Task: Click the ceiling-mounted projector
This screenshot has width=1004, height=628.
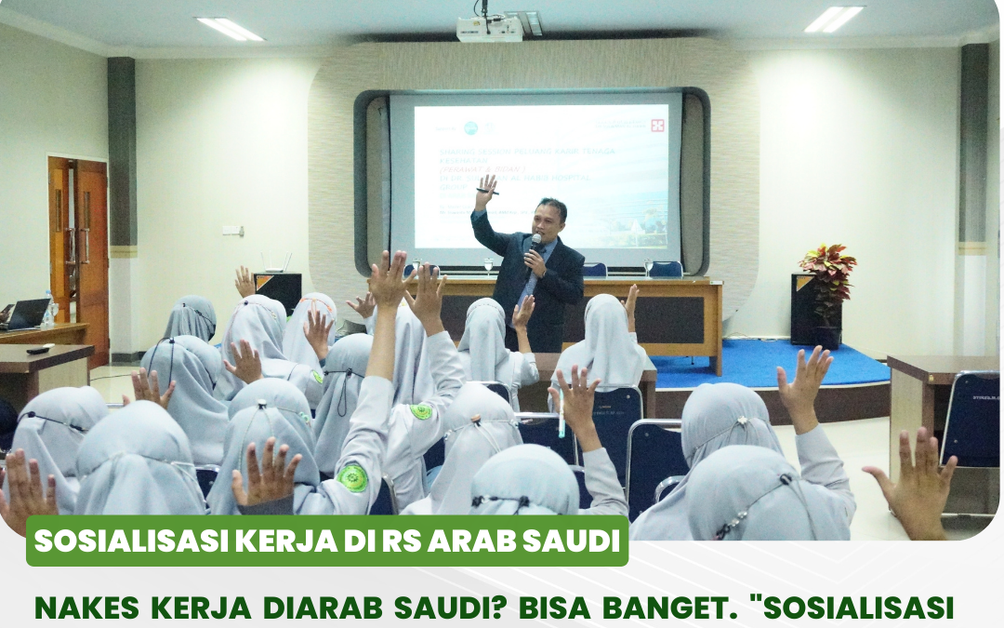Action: click(x=490, y=29)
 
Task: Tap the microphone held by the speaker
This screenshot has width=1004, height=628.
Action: click(x=536, y=242)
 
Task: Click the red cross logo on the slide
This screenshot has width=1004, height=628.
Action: click(x=657, y=125)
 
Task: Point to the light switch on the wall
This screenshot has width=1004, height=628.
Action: click(x=231, y=230)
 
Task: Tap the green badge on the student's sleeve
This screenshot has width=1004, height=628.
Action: click(x=352, y=479)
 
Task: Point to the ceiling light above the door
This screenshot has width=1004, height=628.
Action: click(x=229, y=28)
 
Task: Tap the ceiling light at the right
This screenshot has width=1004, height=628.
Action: click(x=834, y=19)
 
